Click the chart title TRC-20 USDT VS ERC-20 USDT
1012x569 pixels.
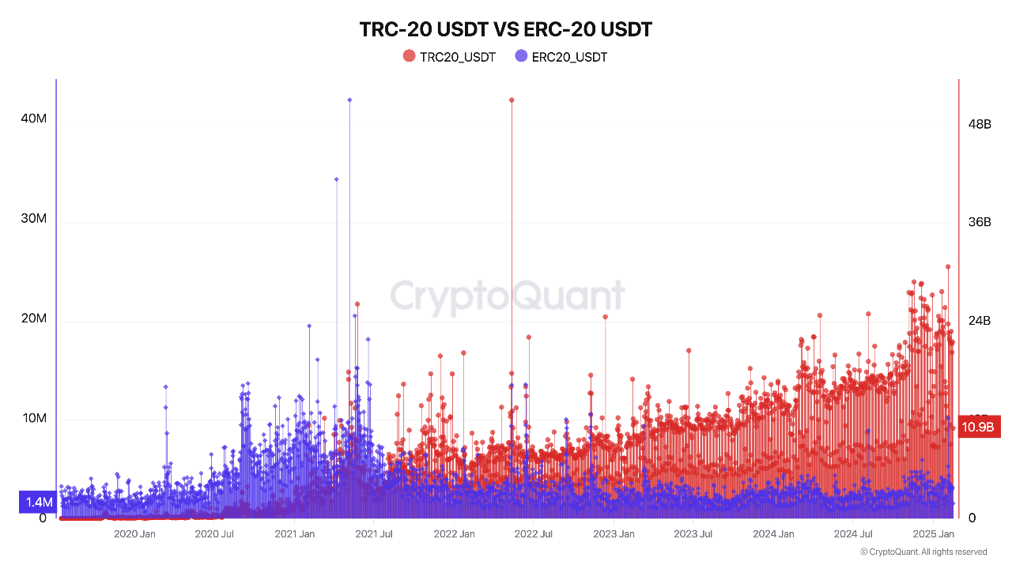(506, 30)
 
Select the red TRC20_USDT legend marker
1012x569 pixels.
(409, 56)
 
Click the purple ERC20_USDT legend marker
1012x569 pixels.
(521, 56)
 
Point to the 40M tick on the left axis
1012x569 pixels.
(33, 119)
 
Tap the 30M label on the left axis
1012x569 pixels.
(33, 218)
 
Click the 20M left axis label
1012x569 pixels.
(33, 318)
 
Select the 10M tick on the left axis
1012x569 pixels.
(33, 418)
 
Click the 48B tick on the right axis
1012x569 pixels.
(980, 124)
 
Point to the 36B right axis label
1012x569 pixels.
(980, 222)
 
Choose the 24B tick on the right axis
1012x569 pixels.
(980, 321)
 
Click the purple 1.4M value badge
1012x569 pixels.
(37, 502)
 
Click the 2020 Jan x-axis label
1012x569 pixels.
(135, 534)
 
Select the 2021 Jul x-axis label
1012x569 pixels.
(374, 534)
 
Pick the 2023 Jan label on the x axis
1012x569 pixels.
(614, 534)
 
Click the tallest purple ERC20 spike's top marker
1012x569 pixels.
(349, 100)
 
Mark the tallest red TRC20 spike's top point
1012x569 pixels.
(512, 100)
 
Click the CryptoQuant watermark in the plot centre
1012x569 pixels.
(507, 297)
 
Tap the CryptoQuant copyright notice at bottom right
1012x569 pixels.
(923, 552)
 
